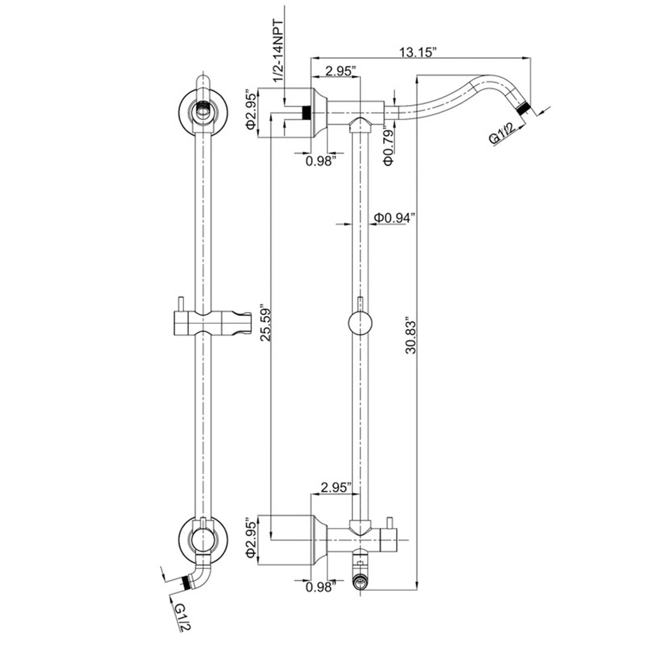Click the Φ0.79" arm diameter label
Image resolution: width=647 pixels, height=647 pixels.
[389, 145]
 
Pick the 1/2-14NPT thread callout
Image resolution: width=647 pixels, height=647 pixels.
[278, 51]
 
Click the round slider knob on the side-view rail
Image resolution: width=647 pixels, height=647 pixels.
[360, 323]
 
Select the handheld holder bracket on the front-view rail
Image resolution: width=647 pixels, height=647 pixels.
[212, 323]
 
